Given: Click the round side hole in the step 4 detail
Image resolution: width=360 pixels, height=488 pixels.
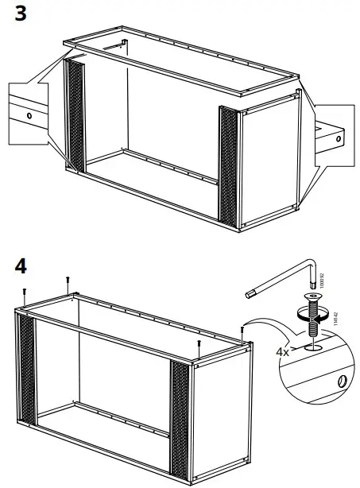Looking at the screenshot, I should (x=339, y=381).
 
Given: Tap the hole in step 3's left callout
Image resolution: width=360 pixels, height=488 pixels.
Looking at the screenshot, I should (x=29, y=115).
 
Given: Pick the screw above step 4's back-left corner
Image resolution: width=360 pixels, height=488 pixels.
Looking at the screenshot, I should (x=68, y=281).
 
